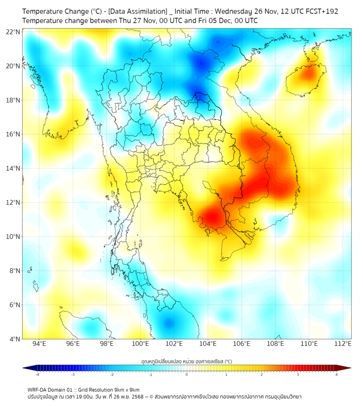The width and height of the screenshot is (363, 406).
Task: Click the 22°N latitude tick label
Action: [13, 32]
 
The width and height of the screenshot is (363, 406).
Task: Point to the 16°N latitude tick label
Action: [13, 134]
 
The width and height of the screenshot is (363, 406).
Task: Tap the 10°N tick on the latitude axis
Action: [13, 237]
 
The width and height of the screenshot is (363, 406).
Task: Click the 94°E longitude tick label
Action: [39, 344]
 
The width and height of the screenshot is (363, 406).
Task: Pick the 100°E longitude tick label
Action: [141, 344]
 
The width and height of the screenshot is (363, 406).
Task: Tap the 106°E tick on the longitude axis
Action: [242, 344]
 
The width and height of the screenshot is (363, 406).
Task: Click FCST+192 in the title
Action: [322, 11]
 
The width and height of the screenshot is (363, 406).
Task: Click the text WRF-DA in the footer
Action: [38, 389]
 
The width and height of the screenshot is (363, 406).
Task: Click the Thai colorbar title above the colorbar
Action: [186, 361]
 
